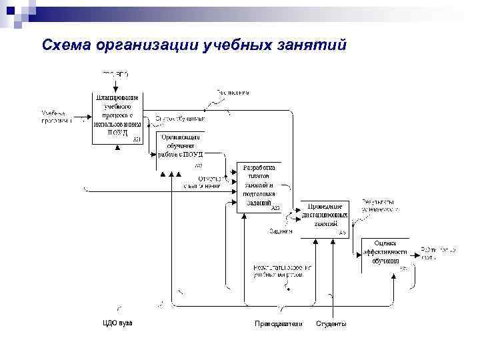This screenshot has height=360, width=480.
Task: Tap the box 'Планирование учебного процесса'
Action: (117, 115)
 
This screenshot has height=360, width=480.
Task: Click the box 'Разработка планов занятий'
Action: (260, 186)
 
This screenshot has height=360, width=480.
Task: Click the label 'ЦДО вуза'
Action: (117, 323)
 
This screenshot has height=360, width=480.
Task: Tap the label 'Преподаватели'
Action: (279, 323)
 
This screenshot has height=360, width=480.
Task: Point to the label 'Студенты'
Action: (331, 323)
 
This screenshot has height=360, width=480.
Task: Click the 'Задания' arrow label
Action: (281, 231)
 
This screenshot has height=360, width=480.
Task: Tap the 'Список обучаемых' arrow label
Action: (180, 119)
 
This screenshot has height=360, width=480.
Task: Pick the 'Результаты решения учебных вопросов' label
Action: (281, 270)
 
